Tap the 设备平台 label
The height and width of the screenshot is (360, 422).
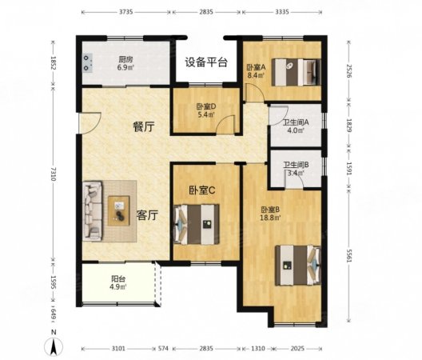click(x=207, y=62)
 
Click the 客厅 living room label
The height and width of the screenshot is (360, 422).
click(x=146, y=214)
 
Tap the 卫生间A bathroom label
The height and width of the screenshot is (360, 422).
click(x=296, y=122)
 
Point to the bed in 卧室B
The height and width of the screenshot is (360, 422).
click(x=298, y=263)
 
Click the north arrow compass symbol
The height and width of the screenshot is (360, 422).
click(x=53, y=346)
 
